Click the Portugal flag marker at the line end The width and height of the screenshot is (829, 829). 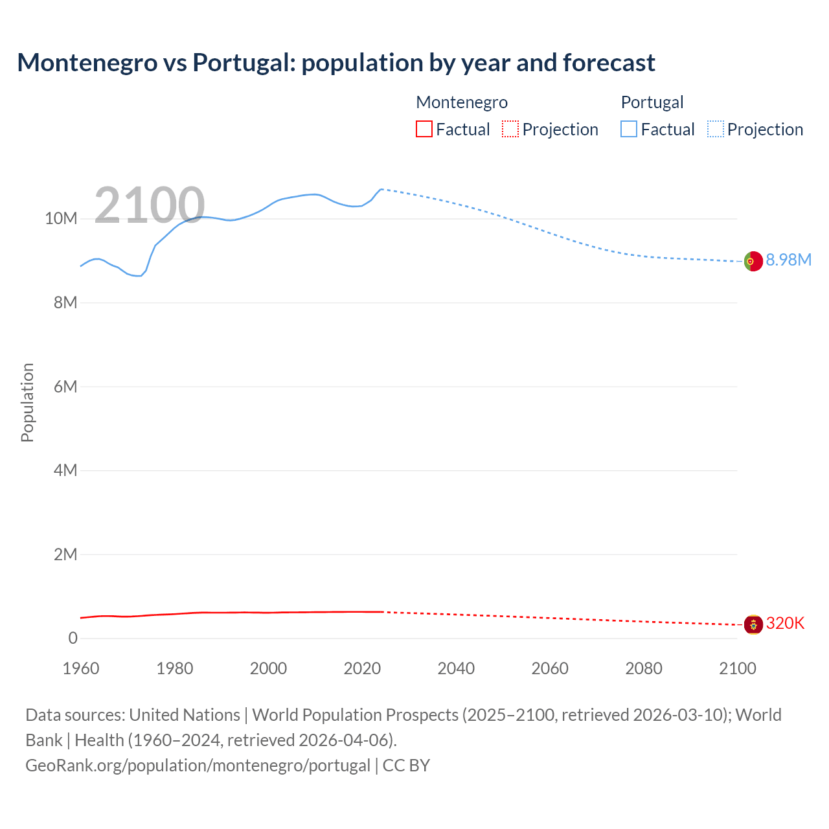coord(753,261)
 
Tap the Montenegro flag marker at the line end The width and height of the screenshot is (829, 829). coord(753,624)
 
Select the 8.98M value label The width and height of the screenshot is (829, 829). coord(788,260)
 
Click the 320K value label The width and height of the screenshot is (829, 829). coord(785,623)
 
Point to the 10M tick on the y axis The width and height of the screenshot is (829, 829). coord(61,218)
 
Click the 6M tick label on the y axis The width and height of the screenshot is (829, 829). coord(65,387)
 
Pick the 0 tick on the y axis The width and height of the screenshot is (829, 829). coord(73,638)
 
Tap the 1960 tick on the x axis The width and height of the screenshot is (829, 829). coord(81,668)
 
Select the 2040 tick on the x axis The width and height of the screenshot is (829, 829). coord(456,668)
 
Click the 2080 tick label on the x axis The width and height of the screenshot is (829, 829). coord(644,668)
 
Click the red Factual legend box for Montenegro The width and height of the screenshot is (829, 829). coord(424,130)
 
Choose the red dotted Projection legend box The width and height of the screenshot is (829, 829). coord(510,130)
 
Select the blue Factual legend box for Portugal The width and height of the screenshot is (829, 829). coord(629,130)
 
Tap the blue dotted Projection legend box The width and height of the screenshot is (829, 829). coord(716,130)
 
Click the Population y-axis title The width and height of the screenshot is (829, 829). coord(27,402)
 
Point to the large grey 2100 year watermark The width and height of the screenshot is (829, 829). coord(150,206)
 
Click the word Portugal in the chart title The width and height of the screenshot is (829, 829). coord(243,63)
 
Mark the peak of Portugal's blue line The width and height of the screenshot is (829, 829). coord(381,189)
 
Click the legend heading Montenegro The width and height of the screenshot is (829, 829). coord(461,102)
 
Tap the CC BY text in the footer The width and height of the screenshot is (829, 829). coord(406,765)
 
